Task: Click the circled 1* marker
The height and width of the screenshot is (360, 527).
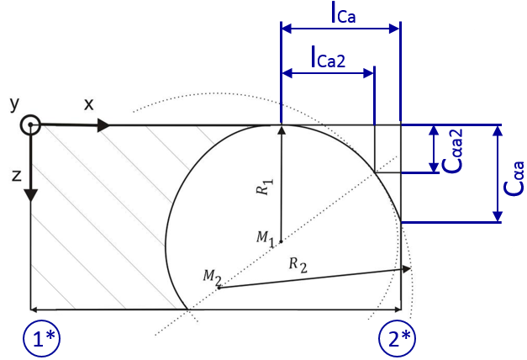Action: (x=41, y=338)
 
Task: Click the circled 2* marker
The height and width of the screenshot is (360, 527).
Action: (x=397, y=338)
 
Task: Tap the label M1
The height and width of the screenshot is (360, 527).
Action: (x=266, y=239)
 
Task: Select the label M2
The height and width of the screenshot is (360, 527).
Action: (x=213, y=278)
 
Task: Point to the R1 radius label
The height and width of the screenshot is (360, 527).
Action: (x=265, y=187)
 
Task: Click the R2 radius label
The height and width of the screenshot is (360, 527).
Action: (x=298, y=265)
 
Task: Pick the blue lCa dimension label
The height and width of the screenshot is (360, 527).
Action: (x=343, y=13)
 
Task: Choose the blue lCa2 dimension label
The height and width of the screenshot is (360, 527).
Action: (x=328, y=58)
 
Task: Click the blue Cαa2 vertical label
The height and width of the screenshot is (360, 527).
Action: (x=452, y=151)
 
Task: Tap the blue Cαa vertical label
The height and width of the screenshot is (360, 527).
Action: (x=514, y=178)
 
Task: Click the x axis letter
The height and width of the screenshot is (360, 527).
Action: (x=88, y=104)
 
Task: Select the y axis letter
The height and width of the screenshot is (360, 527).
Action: (x=14, y=104)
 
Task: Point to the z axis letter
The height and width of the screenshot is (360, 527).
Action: (x=17, y=176)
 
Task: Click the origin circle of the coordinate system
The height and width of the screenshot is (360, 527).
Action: (x=30, y=124)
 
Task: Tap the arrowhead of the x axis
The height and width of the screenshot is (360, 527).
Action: (x=103, y=126)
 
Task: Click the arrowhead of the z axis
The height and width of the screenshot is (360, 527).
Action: (x=30, y=195)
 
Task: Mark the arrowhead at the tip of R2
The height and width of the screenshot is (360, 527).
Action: (x=405, y=268)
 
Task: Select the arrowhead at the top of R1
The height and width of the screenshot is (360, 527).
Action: (x=282, y=130)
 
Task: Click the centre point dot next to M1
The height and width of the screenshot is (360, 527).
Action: (x=282, y=241)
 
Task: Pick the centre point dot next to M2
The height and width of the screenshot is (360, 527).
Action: (x=219, y=288)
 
